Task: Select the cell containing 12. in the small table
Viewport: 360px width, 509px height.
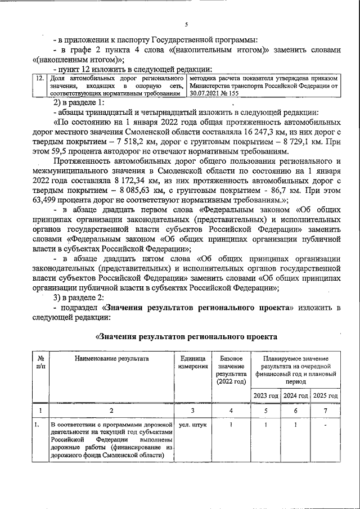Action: pyautogui.click(x=39, y=78)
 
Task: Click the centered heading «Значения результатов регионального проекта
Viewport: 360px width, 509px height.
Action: pyautogui.click(x=186, y=336)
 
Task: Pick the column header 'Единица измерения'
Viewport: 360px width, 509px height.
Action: pyautogui.click(x=192, y=363)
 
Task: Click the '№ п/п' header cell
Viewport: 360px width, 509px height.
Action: pyautogui.click(x=40, y=363)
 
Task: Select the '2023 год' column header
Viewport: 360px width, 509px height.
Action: pyautogui.click(x=265, y=395)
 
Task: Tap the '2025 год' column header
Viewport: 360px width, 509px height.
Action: pyautogui.click(x=326, y=395)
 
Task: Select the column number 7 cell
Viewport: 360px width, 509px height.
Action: pyautogui.click(x=326, y=411)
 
